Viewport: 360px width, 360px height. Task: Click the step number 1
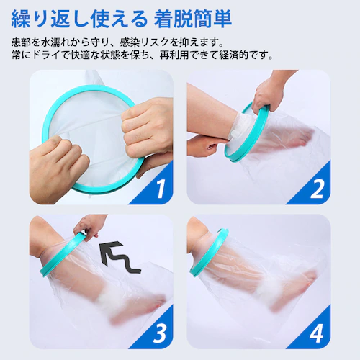tap(161, 189)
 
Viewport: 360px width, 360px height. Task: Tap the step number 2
tap(317, 189)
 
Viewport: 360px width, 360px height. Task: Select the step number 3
tap(160, 333)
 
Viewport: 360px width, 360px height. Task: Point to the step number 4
tap(317, 333)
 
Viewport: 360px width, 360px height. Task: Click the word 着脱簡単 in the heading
tap(193, 19)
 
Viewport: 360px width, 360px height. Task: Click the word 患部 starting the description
tap(21, 42)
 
